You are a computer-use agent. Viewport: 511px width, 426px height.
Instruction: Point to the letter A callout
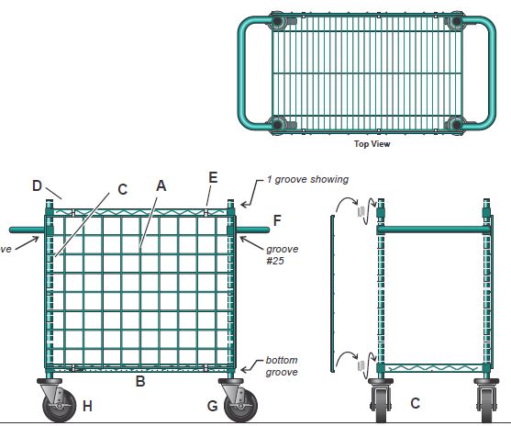[161, 185]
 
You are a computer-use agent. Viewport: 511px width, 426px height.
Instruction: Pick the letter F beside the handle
[277, 220]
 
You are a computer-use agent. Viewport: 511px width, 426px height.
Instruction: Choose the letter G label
[213, 405]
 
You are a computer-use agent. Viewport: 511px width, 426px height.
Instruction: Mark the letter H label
[87, 405]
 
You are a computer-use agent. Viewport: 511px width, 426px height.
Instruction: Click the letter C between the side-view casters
[416, 403]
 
